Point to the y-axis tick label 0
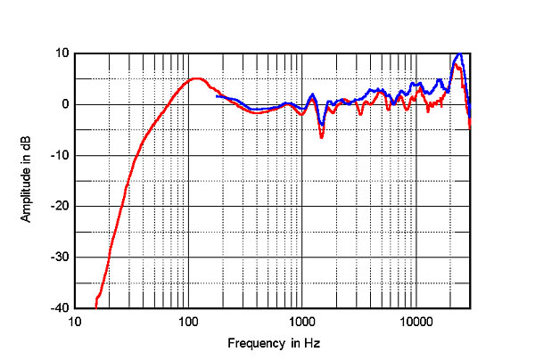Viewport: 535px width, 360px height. pos(65,104)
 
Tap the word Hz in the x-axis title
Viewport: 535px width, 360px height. pos(311,343)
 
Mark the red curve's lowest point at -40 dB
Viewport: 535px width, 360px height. pos(95,307)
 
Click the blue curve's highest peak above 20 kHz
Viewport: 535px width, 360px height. pos(458,54)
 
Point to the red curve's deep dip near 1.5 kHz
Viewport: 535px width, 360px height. pos(321,137)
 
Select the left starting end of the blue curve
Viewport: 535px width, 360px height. pos(217,95)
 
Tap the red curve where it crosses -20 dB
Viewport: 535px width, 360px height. pos(121,206)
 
